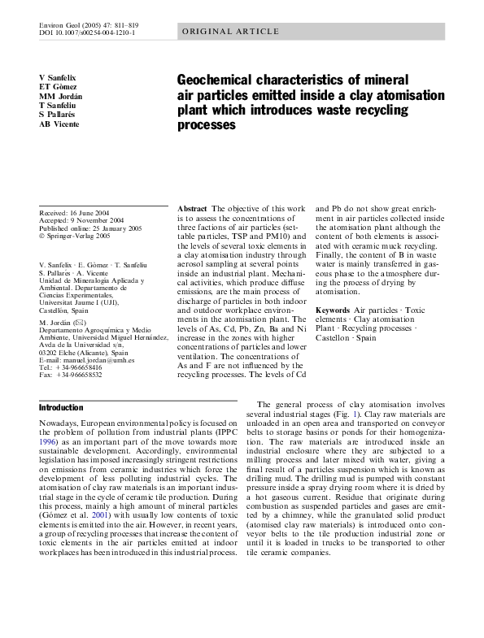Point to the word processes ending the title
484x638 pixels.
(206, 126)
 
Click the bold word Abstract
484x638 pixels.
(191, 209)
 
